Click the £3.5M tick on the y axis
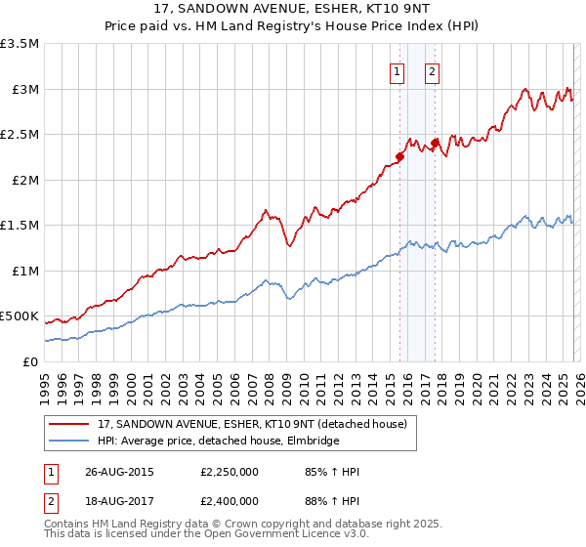coord(21,44)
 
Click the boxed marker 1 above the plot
coord(398,70)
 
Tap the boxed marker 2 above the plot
coord(432,70)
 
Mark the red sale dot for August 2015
coord(400,156)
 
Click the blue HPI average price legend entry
coord(218,441)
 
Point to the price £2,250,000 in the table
coord(229,472)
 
